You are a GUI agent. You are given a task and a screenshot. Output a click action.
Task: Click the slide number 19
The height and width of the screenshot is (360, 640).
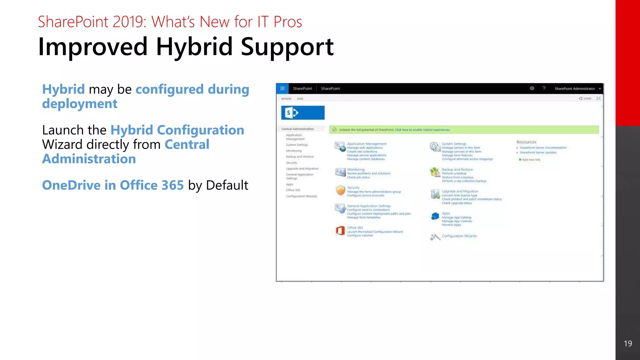coord(628,343)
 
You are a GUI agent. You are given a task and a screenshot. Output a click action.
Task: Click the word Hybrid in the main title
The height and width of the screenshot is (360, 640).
coord(194,47)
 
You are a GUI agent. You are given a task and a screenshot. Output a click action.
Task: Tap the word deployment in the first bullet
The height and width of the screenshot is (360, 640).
coord(80,104)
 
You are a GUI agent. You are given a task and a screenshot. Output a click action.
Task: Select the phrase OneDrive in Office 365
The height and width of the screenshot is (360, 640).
coord(113,185)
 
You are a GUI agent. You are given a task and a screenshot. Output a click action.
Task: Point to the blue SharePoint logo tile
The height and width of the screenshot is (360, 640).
coord(302,113)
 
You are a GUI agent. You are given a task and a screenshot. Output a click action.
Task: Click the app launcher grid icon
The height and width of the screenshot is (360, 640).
coord(282,88)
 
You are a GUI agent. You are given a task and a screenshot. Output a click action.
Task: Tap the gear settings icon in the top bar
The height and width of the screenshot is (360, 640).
coord(532,88)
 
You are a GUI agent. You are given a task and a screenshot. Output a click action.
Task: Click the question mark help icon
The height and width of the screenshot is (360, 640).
coord(544,88)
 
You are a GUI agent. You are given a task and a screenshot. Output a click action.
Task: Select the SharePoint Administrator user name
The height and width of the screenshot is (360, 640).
coord(575,89)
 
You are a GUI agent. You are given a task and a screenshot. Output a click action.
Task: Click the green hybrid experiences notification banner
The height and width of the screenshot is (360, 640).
coord(464,130)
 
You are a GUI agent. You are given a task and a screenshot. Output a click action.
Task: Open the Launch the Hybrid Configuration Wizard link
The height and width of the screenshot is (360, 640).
coord(375,232)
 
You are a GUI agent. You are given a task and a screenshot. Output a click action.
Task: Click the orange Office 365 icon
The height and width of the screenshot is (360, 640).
coord(340,231)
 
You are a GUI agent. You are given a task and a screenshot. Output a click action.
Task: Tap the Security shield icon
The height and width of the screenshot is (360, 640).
coord(340,190)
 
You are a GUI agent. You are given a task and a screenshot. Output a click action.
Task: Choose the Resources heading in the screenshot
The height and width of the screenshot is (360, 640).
coord(526,142)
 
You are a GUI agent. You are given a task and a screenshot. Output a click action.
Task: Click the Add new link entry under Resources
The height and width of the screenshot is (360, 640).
coord(531,160)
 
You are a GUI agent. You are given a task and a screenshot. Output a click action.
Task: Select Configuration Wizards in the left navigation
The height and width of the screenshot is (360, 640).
coord(301,196)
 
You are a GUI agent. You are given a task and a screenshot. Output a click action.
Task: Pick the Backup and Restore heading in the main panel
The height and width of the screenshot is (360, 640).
coord(457,169)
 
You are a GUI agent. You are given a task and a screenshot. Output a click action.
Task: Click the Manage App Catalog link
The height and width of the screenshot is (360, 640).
coord(456,217)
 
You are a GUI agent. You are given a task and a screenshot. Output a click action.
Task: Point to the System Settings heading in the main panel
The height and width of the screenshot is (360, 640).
coord(454,144)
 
